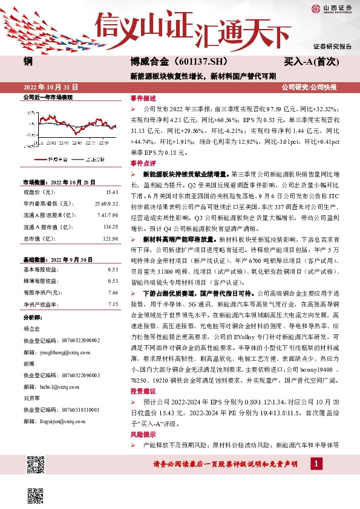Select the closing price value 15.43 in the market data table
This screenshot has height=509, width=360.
click(112, 192)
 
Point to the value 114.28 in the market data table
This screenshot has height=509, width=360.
click(110, 226)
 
